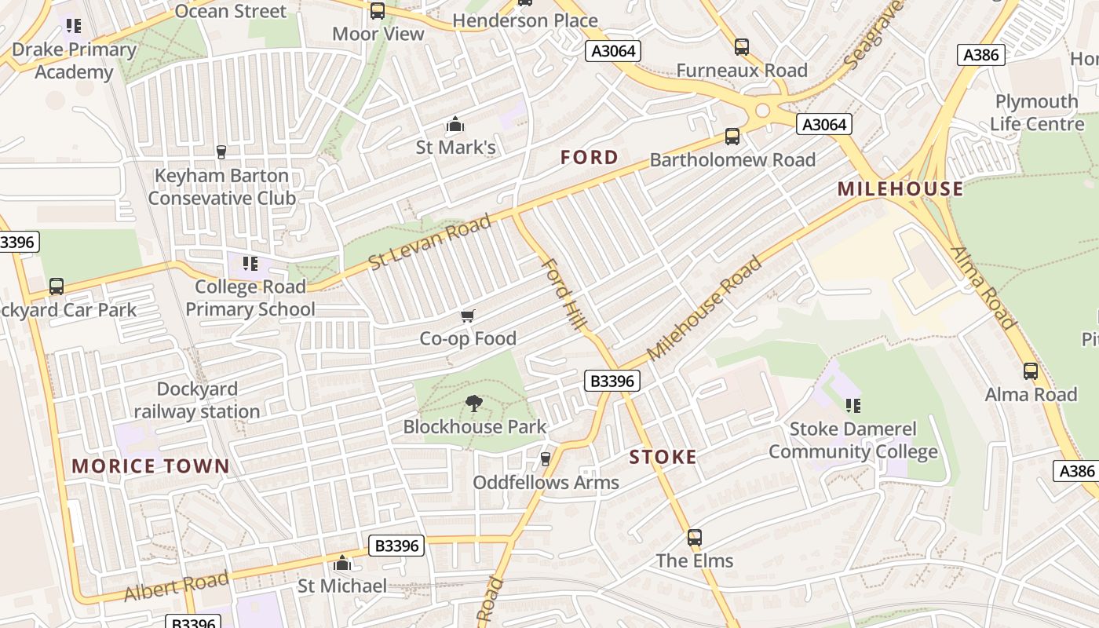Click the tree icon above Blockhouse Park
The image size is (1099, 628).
473,404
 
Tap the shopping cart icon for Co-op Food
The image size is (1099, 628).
468,316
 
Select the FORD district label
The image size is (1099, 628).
590,158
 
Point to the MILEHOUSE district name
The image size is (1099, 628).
900,188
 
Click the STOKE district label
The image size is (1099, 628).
663,457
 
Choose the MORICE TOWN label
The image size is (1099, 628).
151,466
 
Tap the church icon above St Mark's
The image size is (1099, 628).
455,125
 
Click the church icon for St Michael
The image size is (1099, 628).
342,563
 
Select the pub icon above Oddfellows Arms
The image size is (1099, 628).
546,458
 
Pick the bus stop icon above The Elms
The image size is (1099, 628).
694,538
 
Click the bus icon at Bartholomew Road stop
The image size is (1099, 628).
732,137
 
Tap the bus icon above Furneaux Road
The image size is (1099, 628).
742,47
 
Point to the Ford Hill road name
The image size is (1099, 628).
564,294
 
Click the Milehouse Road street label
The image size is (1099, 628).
704,308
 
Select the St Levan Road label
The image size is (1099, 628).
430,242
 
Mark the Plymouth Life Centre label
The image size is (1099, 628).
1036,112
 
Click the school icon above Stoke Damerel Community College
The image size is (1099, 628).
853,406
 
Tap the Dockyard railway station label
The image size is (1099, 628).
196,400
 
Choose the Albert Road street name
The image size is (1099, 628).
177,586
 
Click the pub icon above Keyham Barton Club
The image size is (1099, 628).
221,152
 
